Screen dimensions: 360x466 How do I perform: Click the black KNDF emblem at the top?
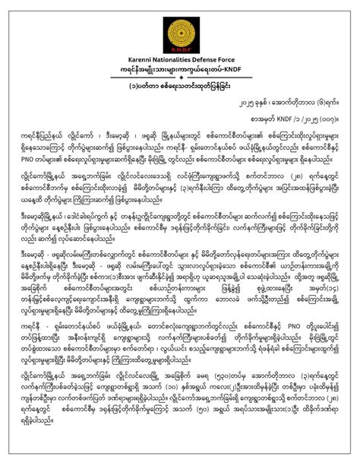(x=180, y=29)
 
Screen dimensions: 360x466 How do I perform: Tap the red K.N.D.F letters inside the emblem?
(x=180, y=44)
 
